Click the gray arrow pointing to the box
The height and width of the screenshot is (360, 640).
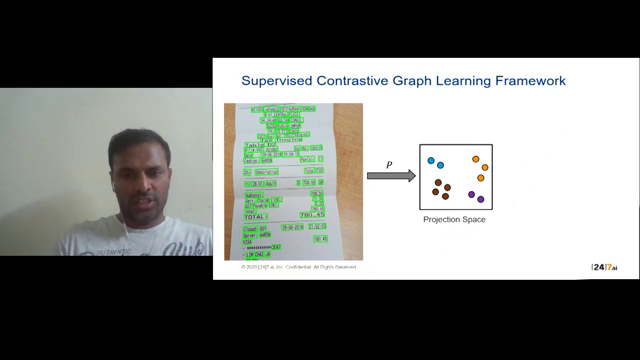pos(391,176)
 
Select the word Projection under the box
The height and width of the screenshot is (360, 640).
pos(442,219)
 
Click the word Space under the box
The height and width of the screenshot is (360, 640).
pos(474,219)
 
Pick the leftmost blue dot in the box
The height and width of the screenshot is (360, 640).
pos(431,160)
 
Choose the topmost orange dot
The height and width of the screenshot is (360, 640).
pos(476,159)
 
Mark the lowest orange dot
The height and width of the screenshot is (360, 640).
pos(480,178)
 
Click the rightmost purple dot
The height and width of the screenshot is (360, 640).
pos(480,199)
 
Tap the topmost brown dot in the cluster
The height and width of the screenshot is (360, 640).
pos(439,182)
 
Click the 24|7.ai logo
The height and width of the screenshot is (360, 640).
pos(605,267)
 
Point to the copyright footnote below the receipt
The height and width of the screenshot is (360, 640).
pos(298,268)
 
